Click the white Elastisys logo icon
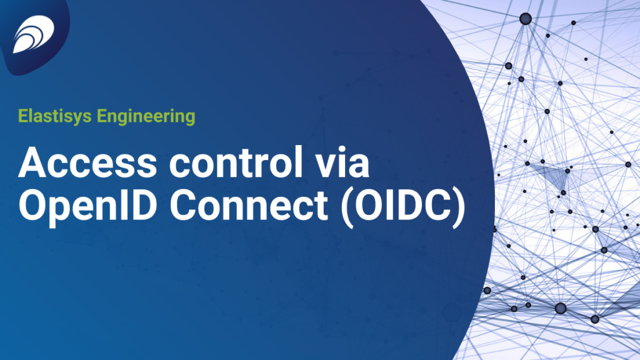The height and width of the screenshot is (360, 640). click(x=34, y=34)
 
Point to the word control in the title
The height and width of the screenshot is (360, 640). click(x=236, y=162)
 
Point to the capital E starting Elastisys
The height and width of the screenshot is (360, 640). click(x=23, y=116)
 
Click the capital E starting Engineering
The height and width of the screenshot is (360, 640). click(x=102, y=116)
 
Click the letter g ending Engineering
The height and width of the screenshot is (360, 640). click(x=190, y=119)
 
